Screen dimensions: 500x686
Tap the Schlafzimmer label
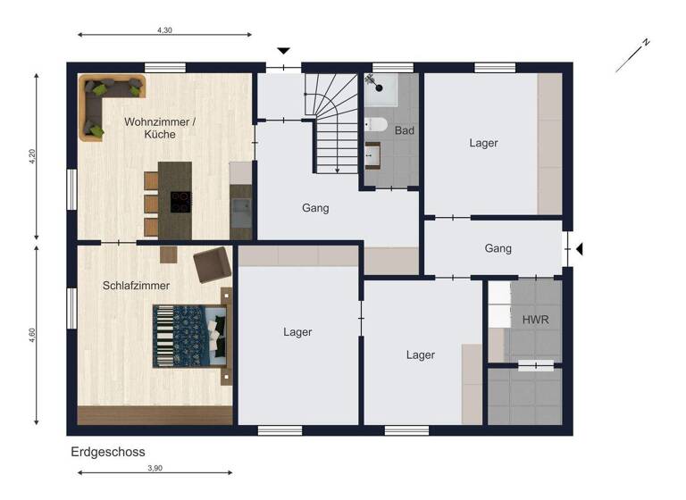136,286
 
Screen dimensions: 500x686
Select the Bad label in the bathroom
405,130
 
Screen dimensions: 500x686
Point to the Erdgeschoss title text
108,453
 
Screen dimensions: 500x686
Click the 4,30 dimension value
164,29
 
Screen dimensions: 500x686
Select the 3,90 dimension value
155,468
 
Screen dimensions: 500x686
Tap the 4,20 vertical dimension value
33,156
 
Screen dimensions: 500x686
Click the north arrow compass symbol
632,55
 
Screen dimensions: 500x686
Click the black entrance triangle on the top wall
284,52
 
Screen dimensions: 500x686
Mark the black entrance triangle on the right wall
578,249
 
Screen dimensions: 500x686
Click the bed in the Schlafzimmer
190,336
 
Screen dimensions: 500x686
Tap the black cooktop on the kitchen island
180,202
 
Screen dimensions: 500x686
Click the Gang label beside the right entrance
498,248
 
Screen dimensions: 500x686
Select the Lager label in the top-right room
483,143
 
